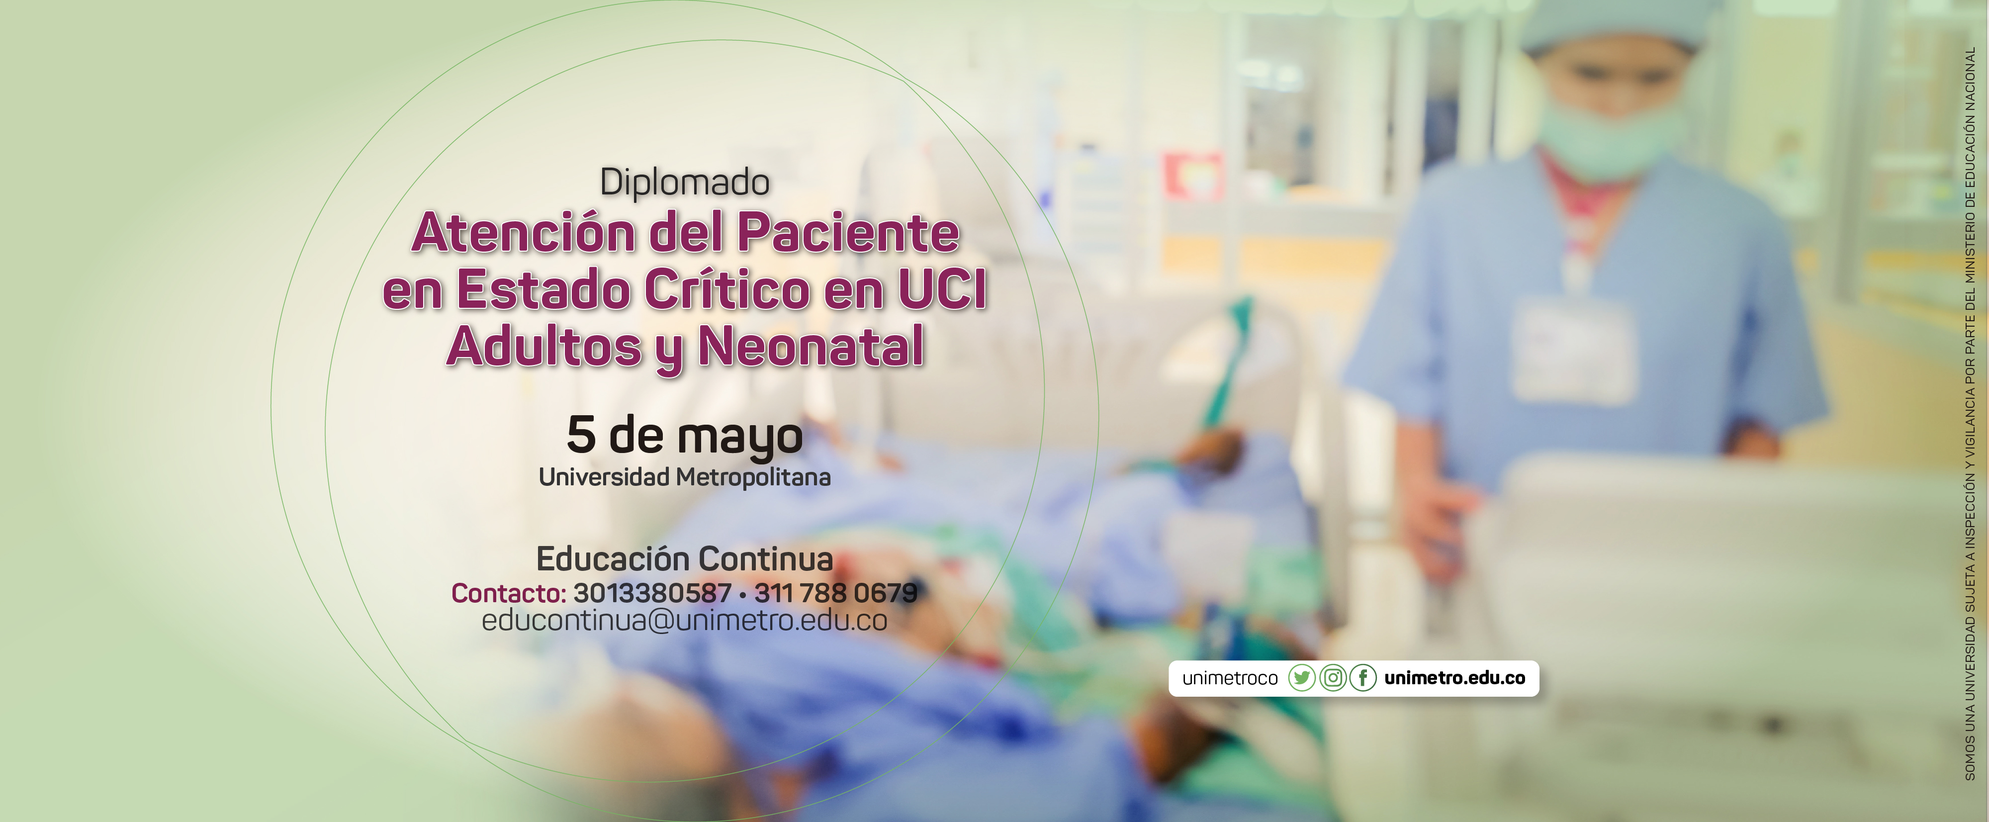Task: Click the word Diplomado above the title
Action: [x=685, y=182]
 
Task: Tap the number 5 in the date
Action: [x=581, y=435]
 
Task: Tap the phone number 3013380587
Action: [x=652, y=593]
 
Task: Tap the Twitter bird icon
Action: [x=1302, y=678]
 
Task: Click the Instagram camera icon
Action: [x=1333, y=678]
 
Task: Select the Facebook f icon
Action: [x=1363, y=678]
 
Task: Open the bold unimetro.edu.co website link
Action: [x=1454, y=678]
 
